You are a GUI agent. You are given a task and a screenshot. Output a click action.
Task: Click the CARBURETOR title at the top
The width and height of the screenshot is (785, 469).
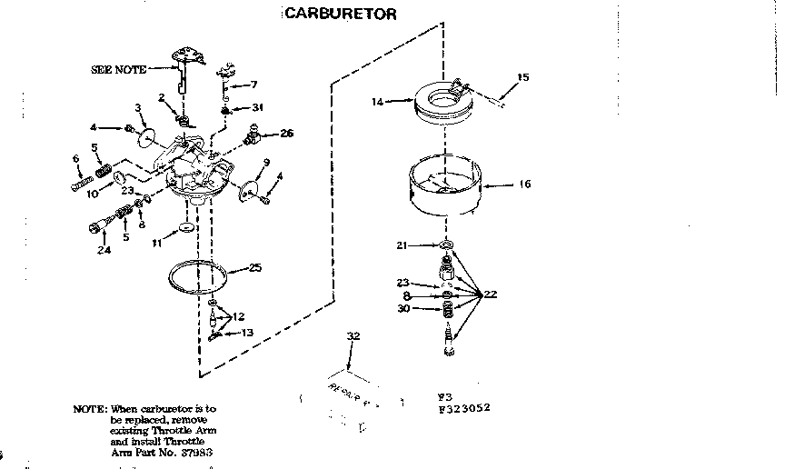[x=340, y=14]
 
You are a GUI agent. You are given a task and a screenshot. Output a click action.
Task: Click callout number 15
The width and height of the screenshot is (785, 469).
[x=522, y=77]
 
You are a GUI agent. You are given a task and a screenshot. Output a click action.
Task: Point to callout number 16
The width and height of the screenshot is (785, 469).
[x=524, y=185]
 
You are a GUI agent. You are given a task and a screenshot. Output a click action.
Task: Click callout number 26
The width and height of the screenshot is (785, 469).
[x=286, y=134]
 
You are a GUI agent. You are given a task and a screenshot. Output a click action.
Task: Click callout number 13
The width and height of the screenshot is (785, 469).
[x=247, y=334]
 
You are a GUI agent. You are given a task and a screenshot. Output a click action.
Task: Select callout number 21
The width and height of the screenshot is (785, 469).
[x=402, y=244]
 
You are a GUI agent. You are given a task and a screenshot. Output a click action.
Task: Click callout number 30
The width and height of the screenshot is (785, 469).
[x=402, y=308]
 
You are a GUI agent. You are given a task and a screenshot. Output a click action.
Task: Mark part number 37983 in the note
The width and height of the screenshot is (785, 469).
[x=204, y=452]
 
